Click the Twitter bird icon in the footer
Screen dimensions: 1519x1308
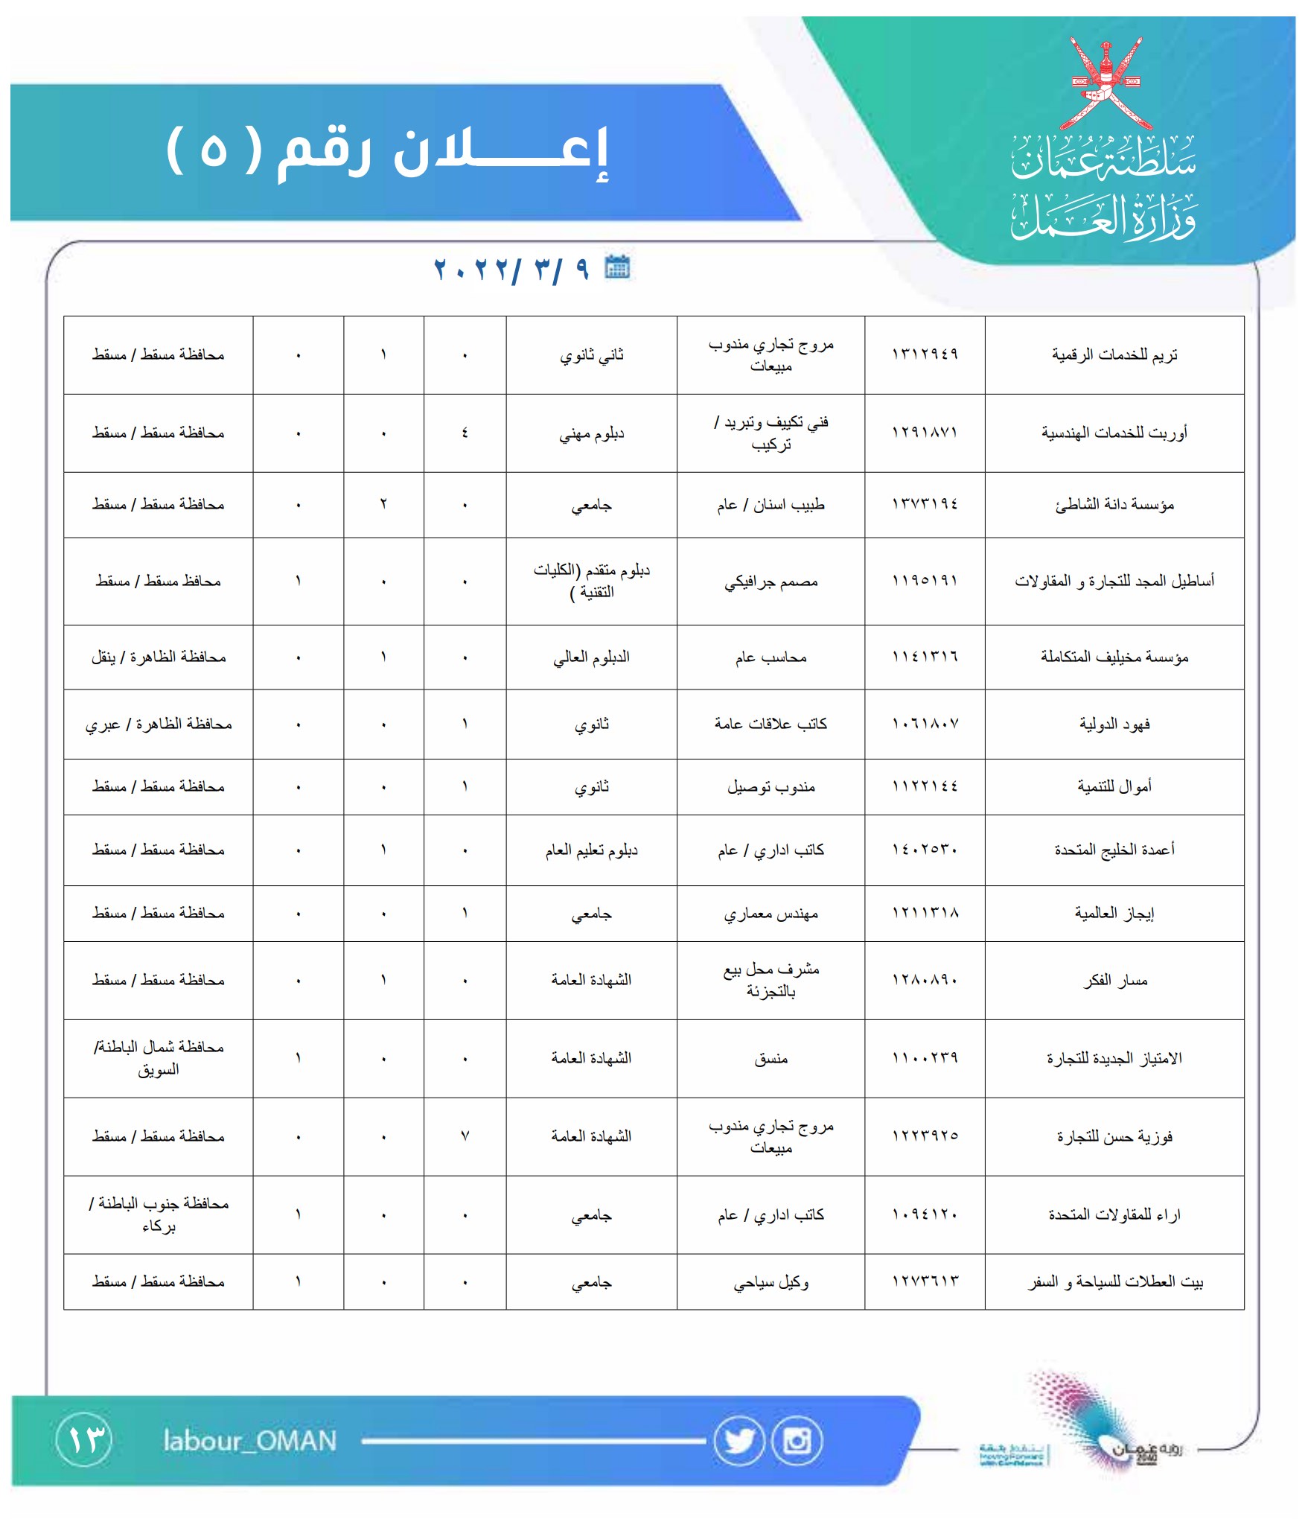[x=738, y=1442]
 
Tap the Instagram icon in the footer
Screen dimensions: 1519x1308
[x=797, y=1442]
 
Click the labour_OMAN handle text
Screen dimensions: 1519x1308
[x=250, y=1442]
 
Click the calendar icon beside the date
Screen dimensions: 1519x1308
[x=617, y=267]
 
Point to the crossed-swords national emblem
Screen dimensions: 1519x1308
[x=1106, y=82]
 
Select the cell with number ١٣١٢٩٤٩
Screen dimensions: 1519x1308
[x=925, y=354]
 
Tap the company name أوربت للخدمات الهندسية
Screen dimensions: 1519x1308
[x=1114, y=433]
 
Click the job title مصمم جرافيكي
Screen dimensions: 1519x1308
[x=771, y=582]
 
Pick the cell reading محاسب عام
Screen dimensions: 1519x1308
[x=771, y=657]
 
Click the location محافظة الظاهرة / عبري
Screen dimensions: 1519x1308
[x=159, y=724]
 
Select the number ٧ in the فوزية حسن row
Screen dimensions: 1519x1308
[x=465, y=1136]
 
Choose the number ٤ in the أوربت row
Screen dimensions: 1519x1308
[x=465, y=433]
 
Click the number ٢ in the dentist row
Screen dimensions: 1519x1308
[x=383, y=505]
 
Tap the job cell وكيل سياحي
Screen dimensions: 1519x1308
[x=771, y=1282]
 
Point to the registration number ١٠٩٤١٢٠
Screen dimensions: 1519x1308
[x=925, y=1214]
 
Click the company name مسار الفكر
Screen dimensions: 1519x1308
[x=1114, y=981]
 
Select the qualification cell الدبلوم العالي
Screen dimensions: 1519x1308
[x=591, y=657]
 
